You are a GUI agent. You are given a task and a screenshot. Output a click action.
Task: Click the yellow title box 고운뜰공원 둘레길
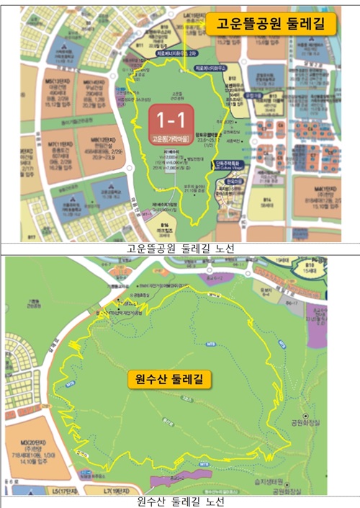(272, 24)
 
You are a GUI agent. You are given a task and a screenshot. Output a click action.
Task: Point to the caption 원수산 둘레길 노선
(180, 501)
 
